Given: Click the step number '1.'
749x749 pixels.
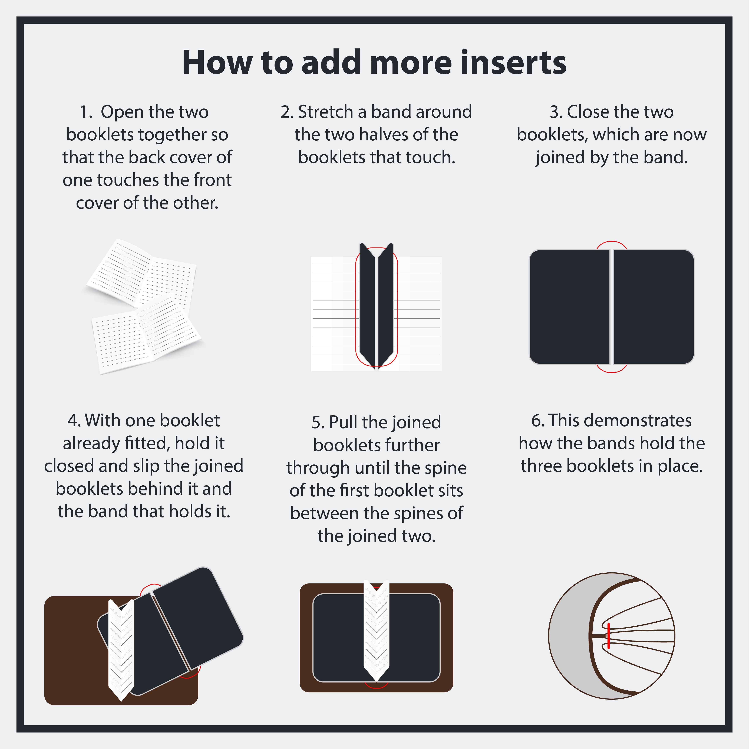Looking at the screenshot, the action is coord(86,112).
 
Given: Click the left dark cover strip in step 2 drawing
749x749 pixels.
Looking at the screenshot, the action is coord(367,304).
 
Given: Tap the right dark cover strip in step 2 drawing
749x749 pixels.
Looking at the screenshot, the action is coord(386,304).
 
